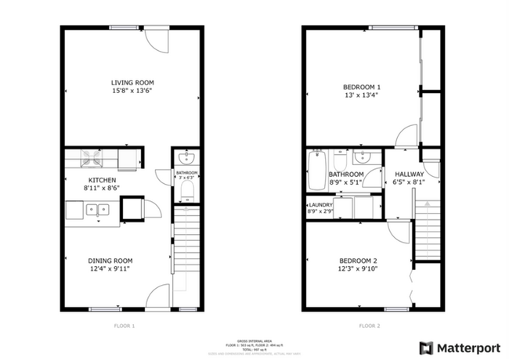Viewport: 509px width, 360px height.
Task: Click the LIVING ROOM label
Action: pos(132,82)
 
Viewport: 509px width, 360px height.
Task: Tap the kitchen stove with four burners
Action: pos(92,159)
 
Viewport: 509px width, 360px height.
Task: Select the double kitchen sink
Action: pos(98,209)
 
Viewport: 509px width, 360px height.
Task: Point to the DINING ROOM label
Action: pos(110,261)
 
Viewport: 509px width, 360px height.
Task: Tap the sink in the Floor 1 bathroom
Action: pos(186,157)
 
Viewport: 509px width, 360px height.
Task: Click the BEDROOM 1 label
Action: pos(362,87)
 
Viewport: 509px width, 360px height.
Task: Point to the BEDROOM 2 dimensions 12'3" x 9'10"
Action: pos(359,270)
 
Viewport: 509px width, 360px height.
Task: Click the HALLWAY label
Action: pos(409,175)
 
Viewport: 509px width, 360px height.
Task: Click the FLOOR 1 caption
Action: pos(125,325)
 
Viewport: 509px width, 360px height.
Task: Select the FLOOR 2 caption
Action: pos(369,325)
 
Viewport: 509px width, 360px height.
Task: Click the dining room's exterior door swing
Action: pos(159,297)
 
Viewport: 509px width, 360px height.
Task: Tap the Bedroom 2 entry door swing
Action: pos(398,229)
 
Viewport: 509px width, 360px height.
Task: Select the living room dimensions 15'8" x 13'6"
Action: pos(132,92)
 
